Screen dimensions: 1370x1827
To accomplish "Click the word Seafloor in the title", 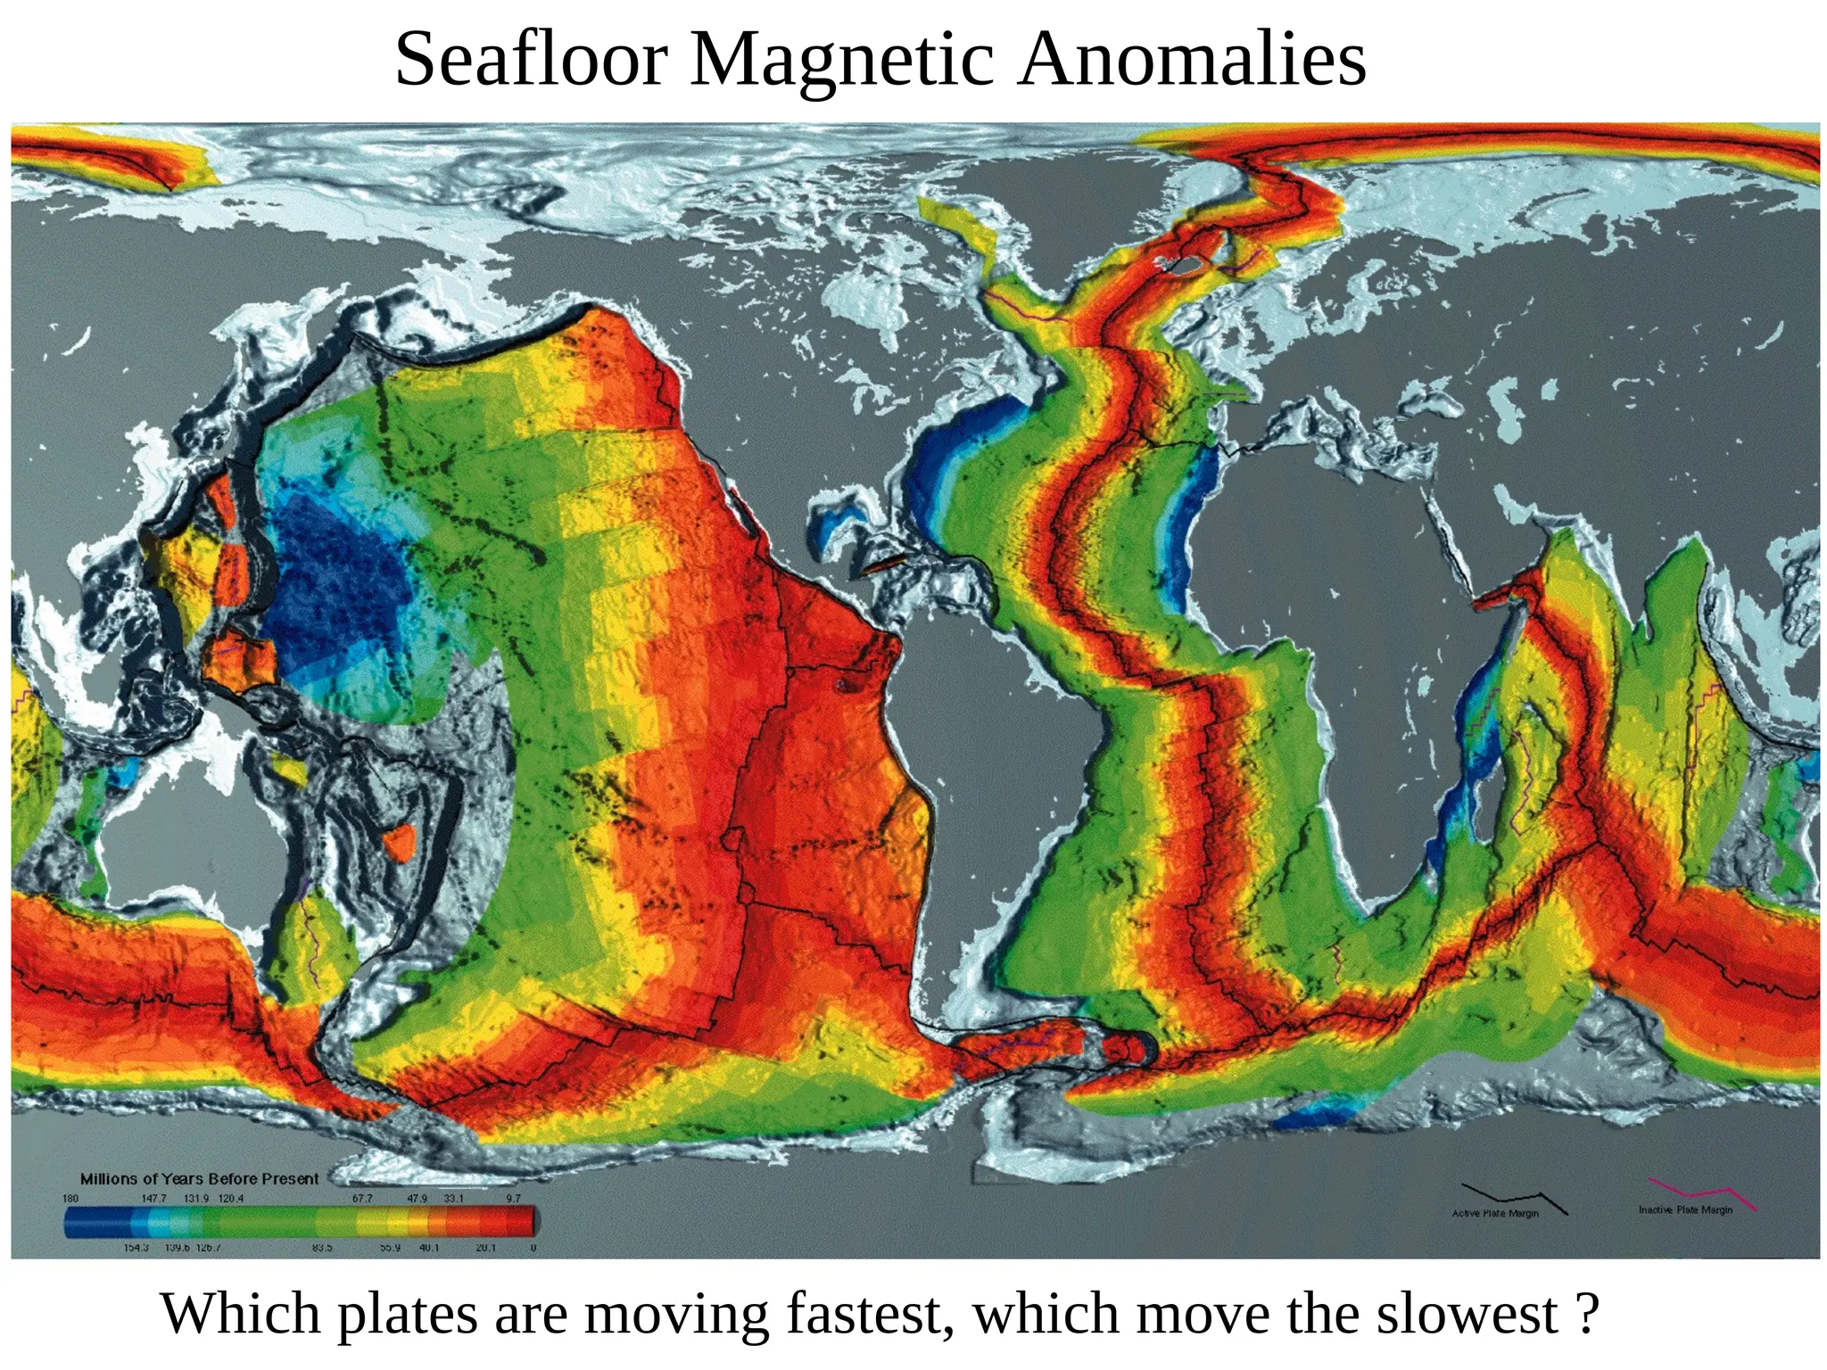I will tap(532, 60).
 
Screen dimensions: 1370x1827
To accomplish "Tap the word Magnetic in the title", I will tap(842, 60).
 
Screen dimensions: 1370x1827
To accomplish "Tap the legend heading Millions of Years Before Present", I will tap(199, 1178).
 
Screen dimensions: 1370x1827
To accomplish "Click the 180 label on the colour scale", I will tap(70, 1198).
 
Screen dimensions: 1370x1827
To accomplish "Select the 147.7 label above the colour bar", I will tap(153, 1198).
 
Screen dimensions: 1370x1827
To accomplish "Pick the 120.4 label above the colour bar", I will tap(230, 1198).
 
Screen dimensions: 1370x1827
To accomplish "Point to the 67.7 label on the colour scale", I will tap(362, 1198).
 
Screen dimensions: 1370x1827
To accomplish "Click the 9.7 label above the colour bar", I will tap(513, 1198).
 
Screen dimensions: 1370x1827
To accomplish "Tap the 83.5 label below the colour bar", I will tap(322, 1248).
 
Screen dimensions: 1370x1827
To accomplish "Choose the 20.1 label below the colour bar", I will tap(485, 1248).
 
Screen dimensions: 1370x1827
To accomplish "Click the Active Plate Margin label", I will tap(1495, 1213).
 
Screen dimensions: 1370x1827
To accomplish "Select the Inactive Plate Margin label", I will tap(1685, 1209).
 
